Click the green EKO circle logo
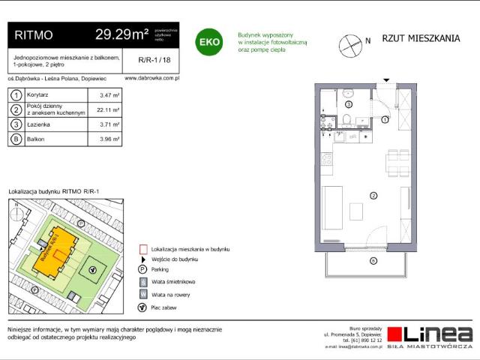208,42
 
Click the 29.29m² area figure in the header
122,34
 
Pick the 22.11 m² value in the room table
109,109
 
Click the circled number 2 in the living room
373,196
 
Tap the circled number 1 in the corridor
385,119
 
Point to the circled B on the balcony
373,260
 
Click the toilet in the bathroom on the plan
348,122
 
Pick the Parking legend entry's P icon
142,269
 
